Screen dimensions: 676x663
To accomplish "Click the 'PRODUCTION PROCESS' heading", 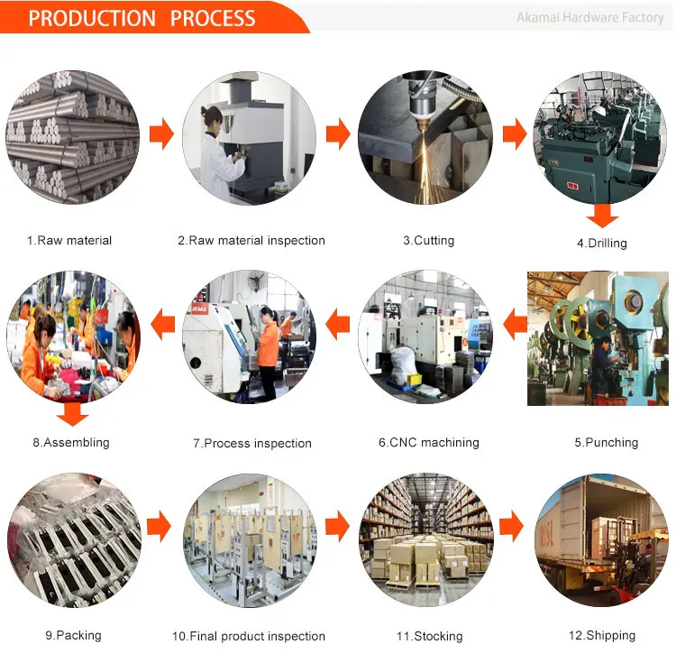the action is pyautogui.click(x=142, y=17).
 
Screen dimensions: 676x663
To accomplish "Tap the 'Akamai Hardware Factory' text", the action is pyautogui.click(x=589, y=17).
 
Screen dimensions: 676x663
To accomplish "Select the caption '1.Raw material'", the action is pyautogui.click(x=69, y=241).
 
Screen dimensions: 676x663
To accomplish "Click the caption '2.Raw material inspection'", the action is pyautogui.click(x=251, y=241).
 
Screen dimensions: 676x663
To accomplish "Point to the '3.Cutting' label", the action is pyautogui.click(x=428, y=241).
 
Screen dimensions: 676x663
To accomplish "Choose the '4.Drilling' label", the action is pyautogui.click(x=602, y=243).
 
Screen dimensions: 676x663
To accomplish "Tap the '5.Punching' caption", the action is pyautogui.click(x=606, y=443).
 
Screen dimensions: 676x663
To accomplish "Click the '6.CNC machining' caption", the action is pyautogui.click(x=428, y=443).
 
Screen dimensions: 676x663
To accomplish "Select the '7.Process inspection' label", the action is pyautogui.click(x=252, y=443).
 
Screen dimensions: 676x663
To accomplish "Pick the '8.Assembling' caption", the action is pyautogui.click(x=71, y=443).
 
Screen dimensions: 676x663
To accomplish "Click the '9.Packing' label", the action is pyautogui.click(x=73, y=635).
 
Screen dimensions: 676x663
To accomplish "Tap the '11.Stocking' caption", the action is pyautogui.click(x=429, y=636).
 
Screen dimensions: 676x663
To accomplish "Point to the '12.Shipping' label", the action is pyautogui.click(x=601, y=635).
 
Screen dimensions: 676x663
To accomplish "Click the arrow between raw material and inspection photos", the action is pyautogui.click(x=161, y=135).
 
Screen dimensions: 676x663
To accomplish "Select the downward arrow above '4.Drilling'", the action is pyautogui.click(x=602, y=216).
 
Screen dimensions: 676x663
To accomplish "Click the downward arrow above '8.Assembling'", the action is pyautogui.click(x=72, y=414).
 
